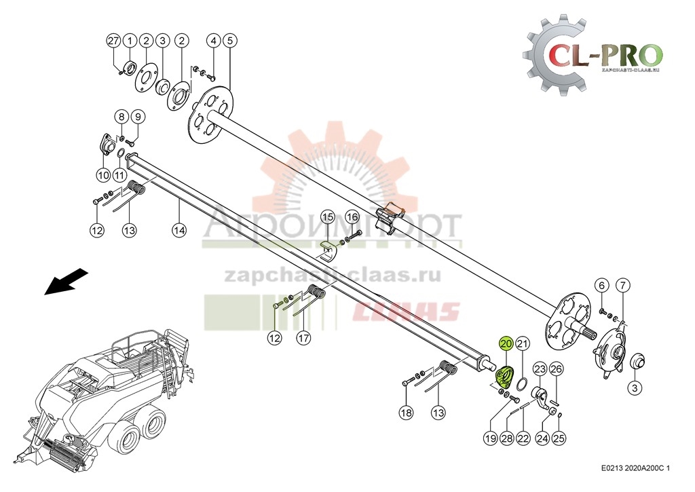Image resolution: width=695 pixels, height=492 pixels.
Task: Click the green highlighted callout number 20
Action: [x=506, y=344]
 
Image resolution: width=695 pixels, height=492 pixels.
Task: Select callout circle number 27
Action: [x=113, y=41]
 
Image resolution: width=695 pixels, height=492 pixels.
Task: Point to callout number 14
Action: [x=179, y=231]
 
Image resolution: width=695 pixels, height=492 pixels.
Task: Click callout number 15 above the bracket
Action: [x=328, y=217]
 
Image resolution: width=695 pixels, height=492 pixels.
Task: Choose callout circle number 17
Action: [x=303, y=337]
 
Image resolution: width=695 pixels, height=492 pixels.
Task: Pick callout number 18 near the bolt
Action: [x=406, y=412]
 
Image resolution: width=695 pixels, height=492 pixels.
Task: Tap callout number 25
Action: [x=559, y=438]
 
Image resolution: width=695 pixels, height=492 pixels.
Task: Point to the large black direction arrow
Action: [x=67, y=281]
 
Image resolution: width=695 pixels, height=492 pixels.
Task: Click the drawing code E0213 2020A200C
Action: [x=635, y=468]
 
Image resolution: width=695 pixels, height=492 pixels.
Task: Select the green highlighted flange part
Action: [x=504, y=376]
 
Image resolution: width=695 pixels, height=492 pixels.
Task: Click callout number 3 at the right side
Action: [x=634, y=388]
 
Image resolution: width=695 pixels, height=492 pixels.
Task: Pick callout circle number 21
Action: [x=523, y=344]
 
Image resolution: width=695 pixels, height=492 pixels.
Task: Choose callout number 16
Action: [x=352, y=217]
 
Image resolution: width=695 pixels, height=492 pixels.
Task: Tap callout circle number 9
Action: [x=136, y=116]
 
